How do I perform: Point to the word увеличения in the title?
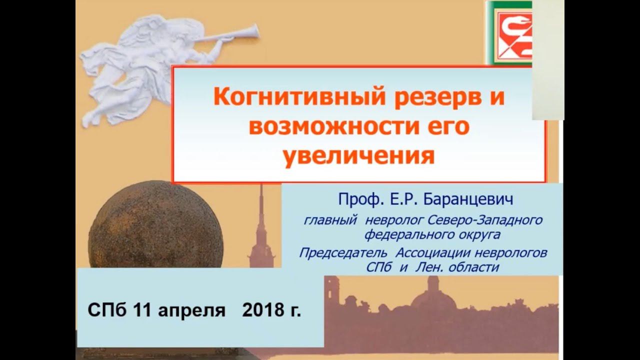coord(358,155)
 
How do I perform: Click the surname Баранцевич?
coord(468,200)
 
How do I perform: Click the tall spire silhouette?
coord(260,220)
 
